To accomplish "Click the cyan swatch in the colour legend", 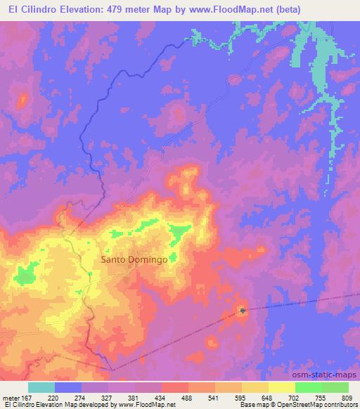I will tap(41, 387).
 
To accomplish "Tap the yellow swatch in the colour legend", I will tap(282, 387).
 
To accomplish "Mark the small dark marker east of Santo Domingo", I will tap(243, 310).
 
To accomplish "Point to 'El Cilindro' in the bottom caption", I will tap(19, 405).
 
